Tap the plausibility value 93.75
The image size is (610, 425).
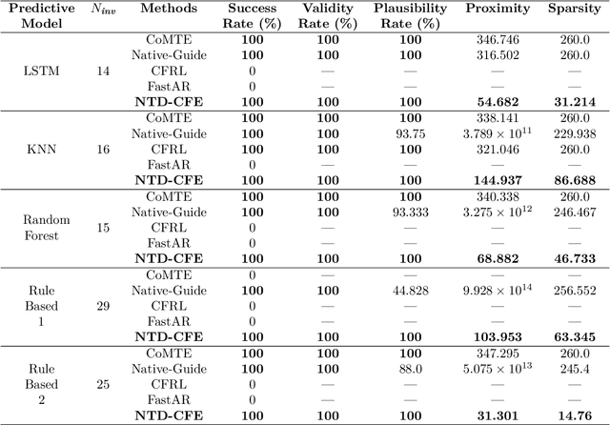pyautogui.click(x=407, y=132)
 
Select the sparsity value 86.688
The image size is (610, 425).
pyautogui.click(x=572, y=179)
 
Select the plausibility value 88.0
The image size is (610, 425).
pyautogui.click(x=407, y=369)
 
